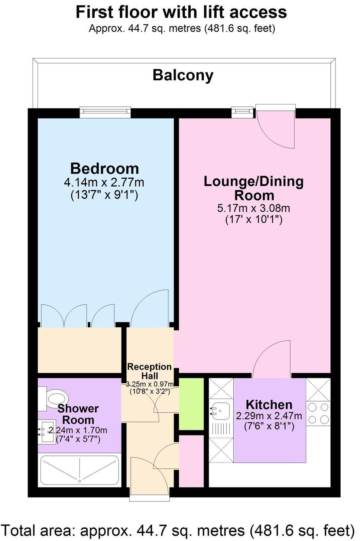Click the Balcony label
(x=183, y=75)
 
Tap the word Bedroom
(x=104, y=168)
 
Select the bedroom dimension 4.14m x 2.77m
(x=104, y=183)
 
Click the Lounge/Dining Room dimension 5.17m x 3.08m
(x=254, y=208)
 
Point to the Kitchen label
(x=269, y=405)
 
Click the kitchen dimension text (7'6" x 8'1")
(x=269, y=426)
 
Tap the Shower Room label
(x=78, y=414)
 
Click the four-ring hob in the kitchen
(x=318, y=413)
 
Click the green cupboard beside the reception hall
(x=191, y=404)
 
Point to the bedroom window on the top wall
(x=106, y=112)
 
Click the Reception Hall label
(x=149, y=371)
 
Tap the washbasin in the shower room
(x=45, y=431)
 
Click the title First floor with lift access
(x=181, y=12)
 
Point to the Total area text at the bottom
(x=178, y=530)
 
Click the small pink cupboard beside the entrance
(x=191, y=461)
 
